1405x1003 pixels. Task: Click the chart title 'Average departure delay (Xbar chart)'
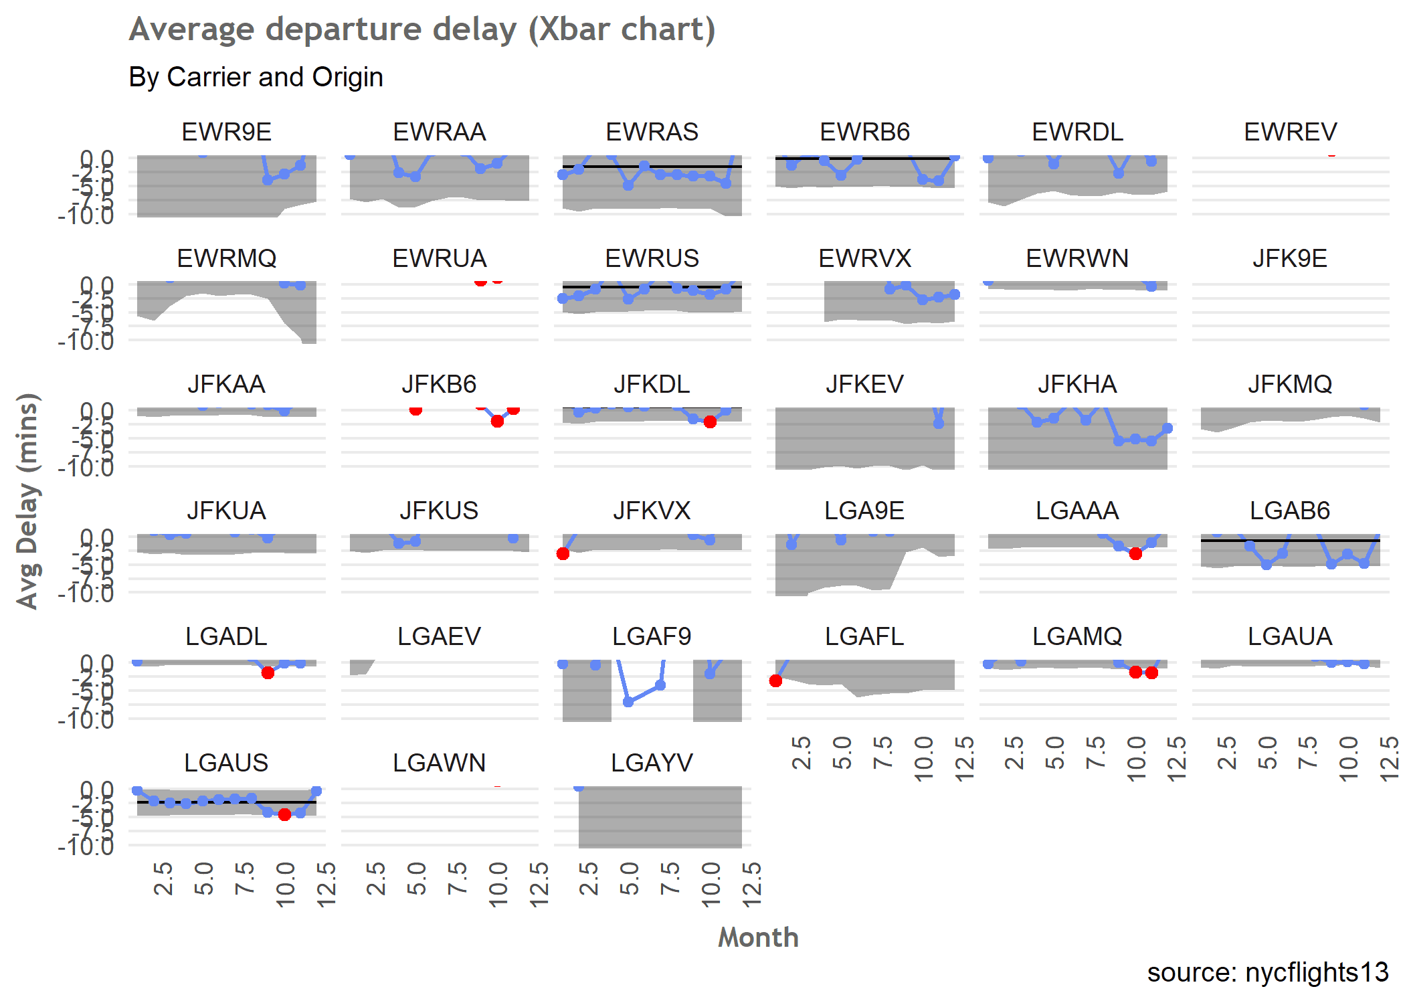point(422,29)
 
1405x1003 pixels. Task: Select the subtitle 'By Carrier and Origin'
point(256,77)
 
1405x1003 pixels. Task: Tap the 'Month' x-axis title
point(758,937)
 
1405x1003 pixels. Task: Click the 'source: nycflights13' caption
point(1267,972)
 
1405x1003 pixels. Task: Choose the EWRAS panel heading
point(652,132)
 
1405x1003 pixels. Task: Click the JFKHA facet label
point(1077,384)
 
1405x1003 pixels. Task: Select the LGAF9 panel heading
point(652,636)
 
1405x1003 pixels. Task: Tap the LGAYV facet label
point(652,763)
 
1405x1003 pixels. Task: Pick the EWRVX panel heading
point(864,258)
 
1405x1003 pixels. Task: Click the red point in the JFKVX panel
point(563,554)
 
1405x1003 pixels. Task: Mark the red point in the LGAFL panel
point(776,681)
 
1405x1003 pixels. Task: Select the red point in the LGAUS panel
point(284,814)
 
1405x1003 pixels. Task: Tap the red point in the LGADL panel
point(268,672)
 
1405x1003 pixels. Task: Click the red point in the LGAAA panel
point(1135,553)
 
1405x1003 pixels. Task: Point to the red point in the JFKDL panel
point(710,422)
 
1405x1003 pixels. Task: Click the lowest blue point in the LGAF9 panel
point(628,702)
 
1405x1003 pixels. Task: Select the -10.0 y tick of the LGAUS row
point(86,846)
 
